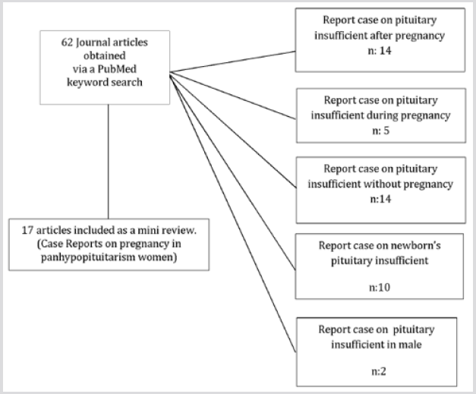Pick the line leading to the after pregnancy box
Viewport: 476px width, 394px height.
coord(235,61)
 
